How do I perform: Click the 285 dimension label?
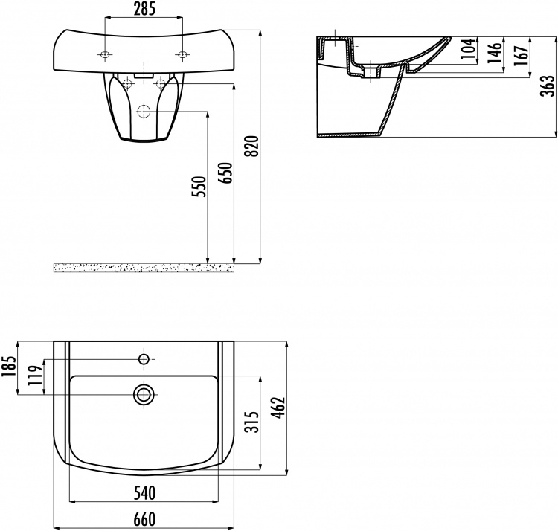pos(144,9)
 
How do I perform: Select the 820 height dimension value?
pos(252,146)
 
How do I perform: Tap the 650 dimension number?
pos(225,173)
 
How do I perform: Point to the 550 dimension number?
pos(199,187)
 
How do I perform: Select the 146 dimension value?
pos(495,53)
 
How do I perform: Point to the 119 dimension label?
pos(36,376)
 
